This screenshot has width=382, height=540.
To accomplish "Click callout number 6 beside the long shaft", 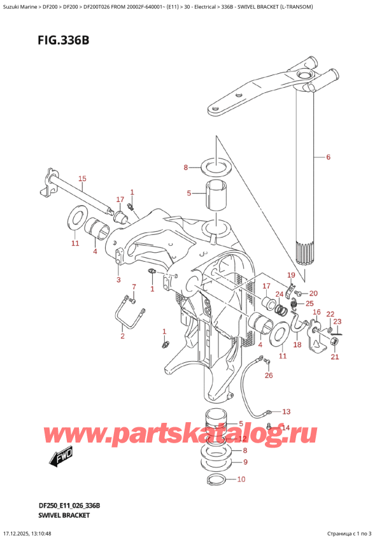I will pyautogui.click(x=328, y=157).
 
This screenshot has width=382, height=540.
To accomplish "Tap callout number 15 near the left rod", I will pyautogui.click(x=81, y=178).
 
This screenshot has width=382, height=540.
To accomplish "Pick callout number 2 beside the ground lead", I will pyautogui.click(x=122, y=336).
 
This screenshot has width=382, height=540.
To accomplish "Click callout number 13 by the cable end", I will pyautogui.click(x=286, y=411).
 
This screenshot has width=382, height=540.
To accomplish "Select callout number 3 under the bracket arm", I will pyautogui.click(x=118, y=280).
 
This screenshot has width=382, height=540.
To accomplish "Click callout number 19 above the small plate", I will pyautogui.click(x=290, y=275).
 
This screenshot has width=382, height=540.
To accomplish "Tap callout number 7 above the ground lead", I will pyautogui.click(x=134, y=287).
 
